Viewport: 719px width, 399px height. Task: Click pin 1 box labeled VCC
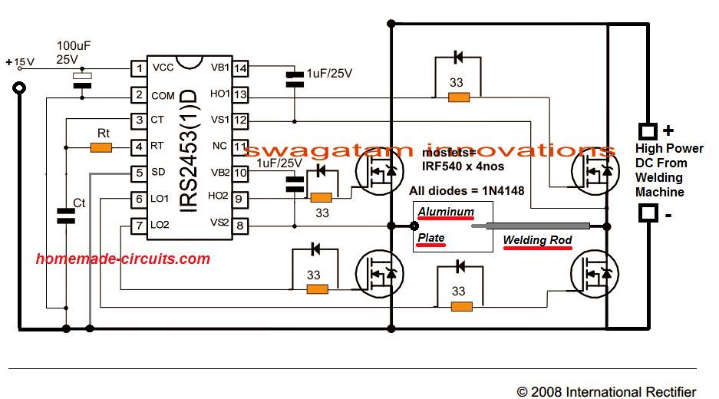138,68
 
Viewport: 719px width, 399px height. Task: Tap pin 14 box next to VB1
240,68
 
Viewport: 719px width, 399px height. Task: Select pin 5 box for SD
138,173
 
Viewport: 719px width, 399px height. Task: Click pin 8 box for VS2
240,226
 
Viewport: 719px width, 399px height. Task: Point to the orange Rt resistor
102,147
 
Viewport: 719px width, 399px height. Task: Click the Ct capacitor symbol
67,217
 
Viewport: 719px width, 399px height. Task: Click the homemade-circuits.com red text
123,259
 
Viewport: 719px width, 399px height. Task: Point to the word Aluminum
445,212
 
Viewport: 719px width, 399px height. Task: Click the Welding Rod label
537,240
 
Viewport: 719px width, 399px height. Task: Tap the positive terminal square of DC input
648,130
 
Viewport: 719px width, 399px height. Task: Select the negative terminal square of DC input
648,213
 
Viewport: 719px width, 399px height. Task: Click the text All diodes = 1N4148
467,190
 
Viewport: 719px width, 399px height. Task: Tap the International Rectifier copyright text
606,391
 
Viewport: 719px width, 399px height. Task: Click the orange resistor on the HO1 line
459,97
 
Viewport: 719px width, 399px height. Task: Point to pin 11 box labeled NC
240,147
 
